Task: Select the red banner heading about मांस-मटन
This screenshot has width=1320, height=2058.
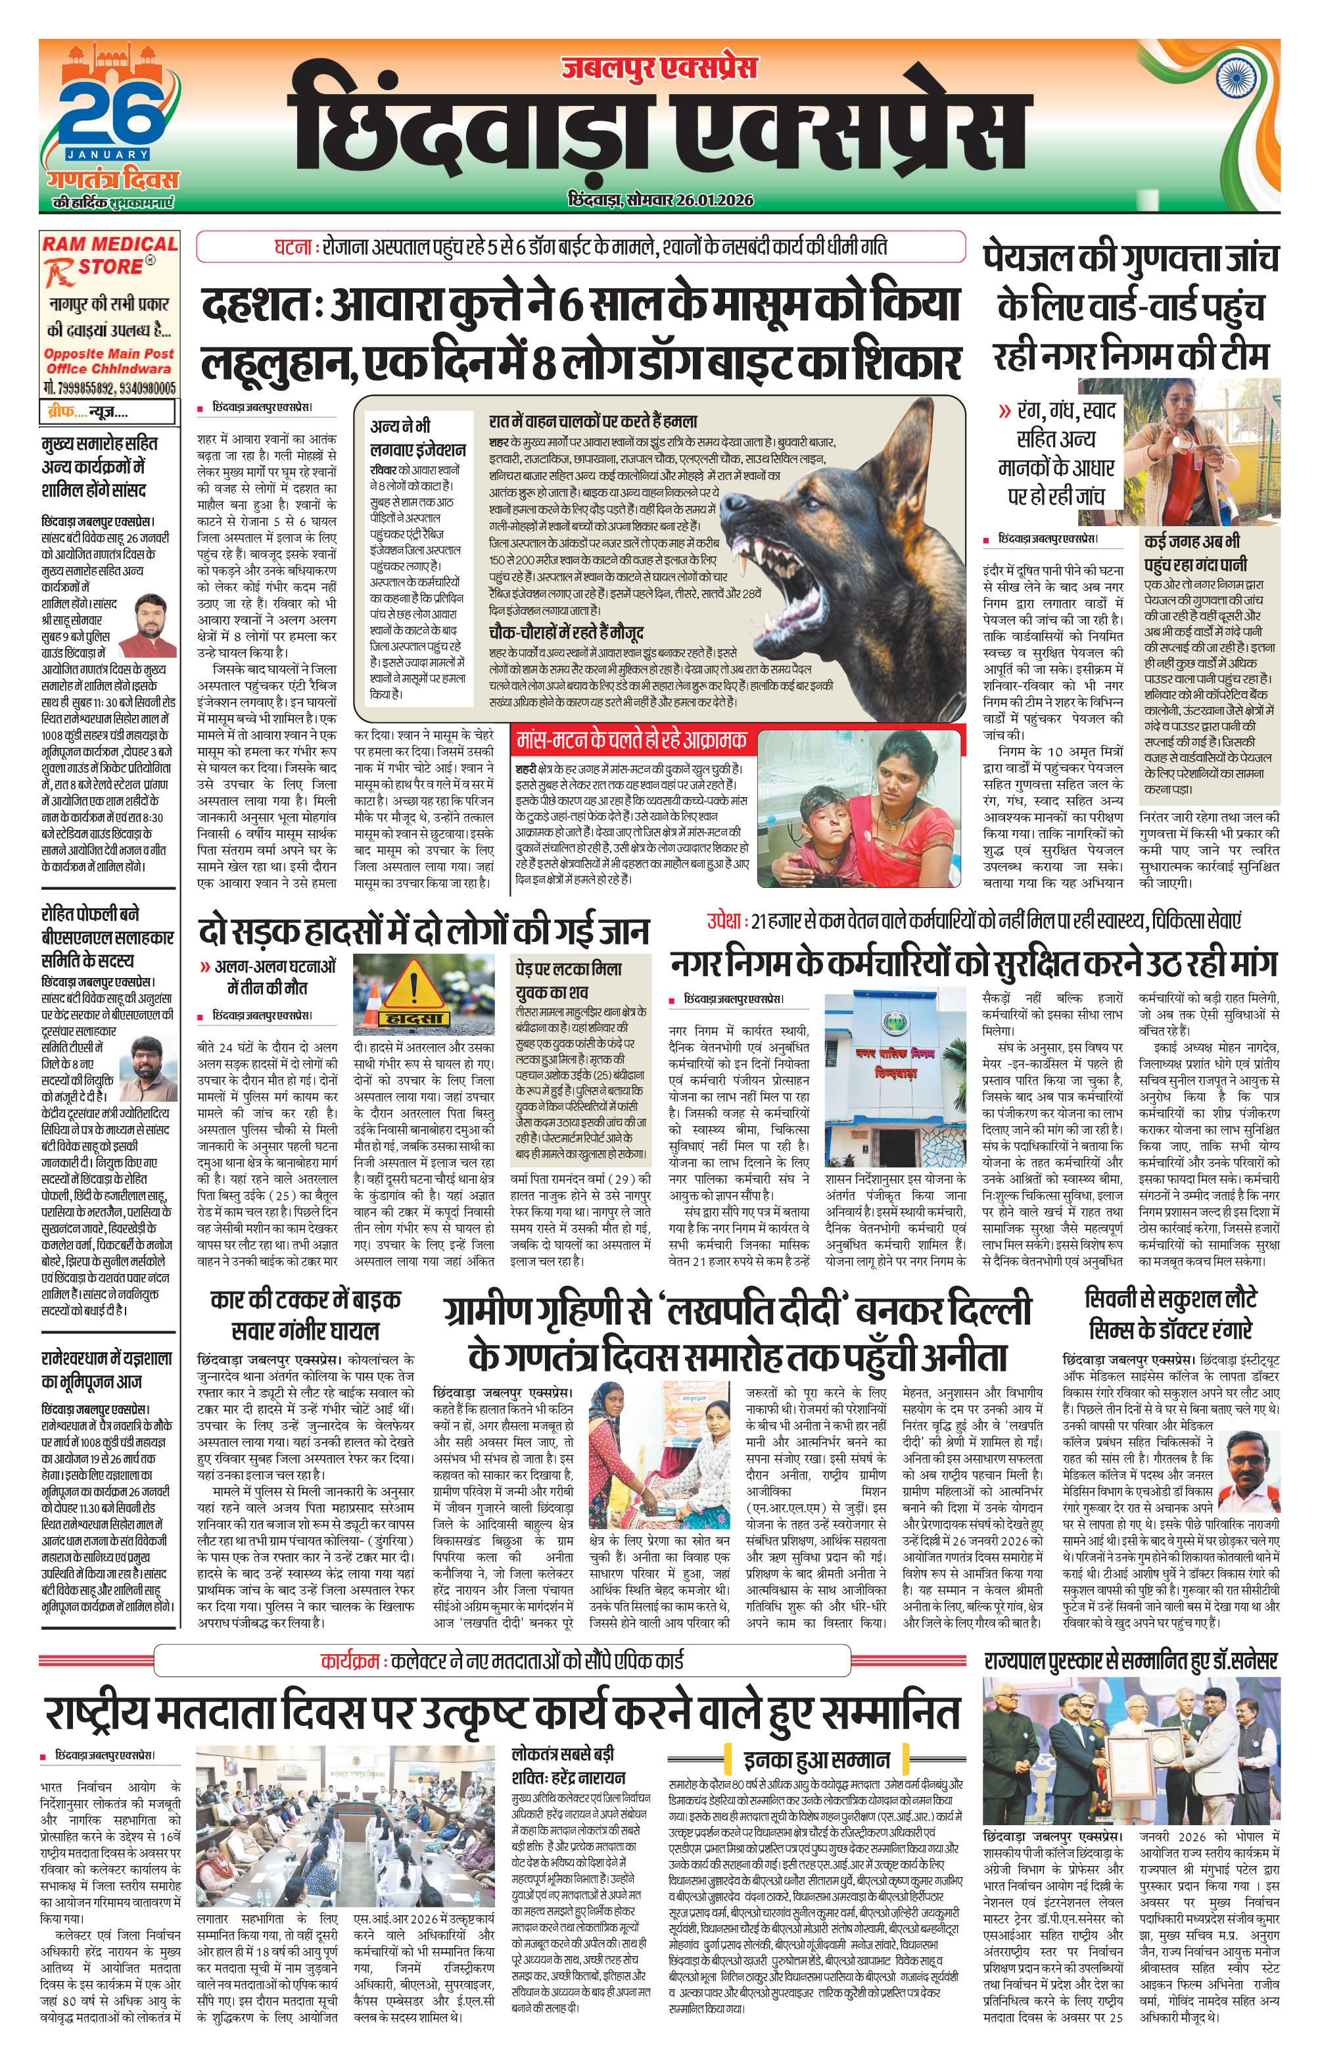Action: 631,740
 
